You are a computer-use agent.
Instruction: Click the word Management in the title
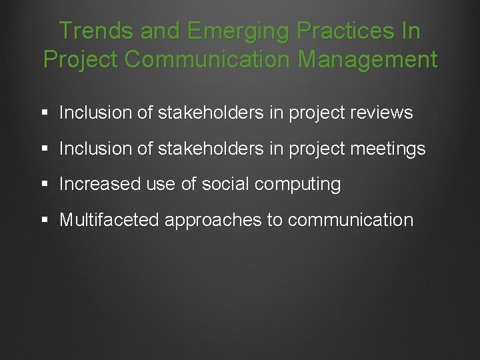pyautogui.click(x=367, y=59)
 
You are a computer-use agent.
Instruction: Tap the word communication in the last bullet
pyautogui.click(x=351, y=220)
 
